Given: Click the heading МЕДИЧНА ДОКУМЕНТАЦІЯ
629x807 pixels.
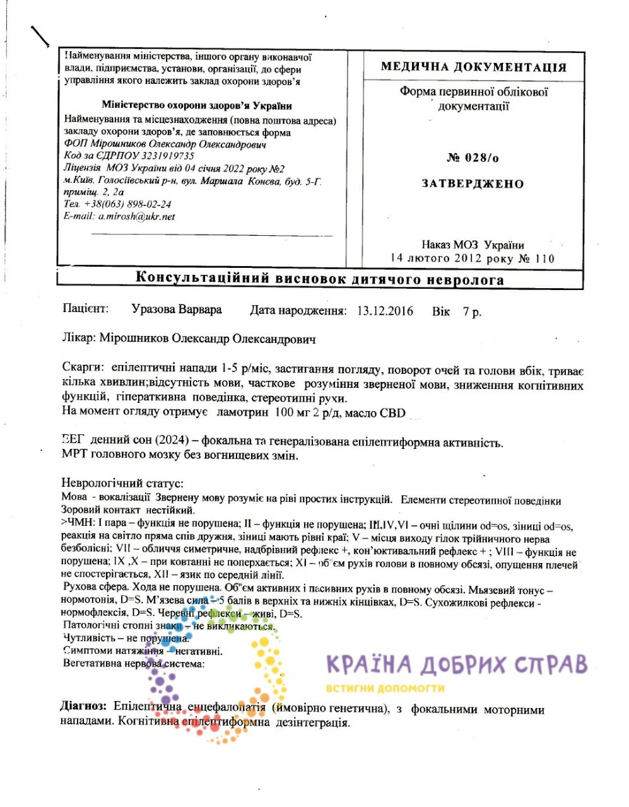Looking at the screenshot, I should [x=473, y=67].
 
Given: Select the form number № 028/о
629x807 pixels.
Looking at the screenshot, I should [x=473, y=158].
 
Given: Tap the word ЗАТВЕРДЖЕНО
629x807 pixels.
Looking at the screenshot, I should [x=473, y=184].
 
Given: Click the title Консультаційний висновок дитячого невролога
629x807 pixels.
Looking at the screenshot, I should [x=320, y=279].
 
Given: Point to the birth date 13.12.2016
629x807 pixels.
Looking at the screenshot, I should [x=385, y=311].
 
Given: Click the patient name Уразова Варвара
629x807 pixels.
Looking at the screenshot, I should [x=177, y=310].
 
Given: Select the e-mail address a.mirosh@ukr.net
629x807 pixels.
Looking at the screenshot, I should [x=136, y=216].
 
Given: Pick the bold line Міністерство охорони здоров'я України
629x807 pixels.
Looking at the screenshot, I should [x=197, y=106].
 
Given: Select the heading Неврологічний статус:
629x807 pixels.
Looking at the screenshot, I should [x=122, y=484].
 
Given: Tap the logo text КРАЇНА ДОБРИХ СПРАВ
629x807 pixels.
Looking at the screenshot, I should [x=457, y=665].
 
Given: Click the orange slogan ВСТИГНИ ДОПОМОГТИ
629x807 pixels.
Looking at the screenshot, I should [x=385, y=688].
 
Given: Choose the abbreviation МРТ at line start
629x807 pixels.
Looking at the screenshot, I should [x=75, y=455].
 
